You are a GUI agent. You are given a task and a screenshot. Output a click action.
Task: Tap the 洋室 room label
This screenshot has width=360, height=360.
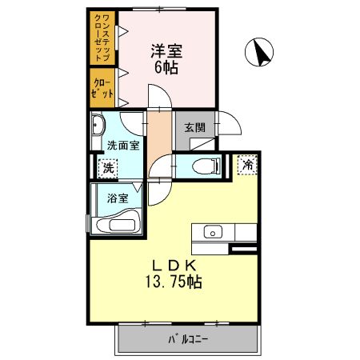(167, 50)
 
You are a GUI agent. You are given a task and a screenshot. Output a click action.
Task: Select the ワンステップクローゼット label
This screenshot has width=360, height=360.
(102, 38)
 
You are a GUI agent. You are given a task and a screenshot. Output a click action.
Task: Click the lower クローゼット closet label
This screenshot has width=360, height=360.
(102, 89)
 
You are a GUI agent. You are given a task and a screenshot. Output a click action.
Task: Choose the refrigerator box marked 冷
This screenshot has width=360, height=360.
(248, 165)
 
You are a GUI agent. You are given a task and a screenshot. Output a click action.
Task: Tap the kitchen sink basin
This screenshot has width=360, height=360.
(213, 233)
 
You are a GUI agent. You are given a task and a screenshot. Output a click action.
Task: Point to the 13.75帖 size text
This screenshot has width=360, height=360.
(172, 282)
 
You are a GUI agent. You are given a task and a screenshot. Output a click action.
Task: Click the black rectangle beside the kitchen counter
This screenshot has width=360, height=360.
(243, 253)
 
